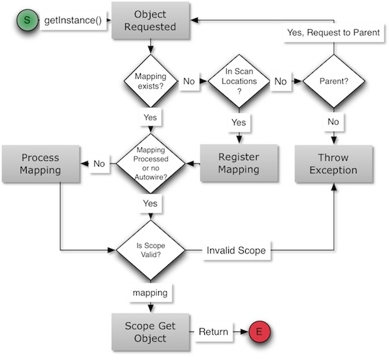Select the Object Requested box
[x=150, y=21]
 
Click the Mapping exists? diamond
[x=150, y=82]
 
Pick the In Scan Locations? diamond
[x=239, y=82]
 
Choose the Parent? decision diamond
[x=334, y=82]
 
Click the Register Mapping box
[x=239, y=163]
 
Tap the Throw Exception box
[x=334, y=163]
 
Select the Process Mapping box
[x=40, y=163]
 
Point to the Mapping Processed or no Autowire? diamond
[x=150, y=163]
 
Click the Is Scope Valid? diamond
[x=150, y=249]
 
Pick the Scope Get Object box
[x=150, y=331]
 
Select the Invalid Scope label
[x=235, y=250]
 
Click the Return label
[x=213, y=332]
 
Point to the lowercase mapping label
[x=150, y=293]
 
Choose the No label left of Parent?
[x=281, y=82]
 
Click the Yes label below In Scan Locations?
[x=239, y=122]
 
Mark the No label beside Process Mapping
[x=99, y=164]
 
